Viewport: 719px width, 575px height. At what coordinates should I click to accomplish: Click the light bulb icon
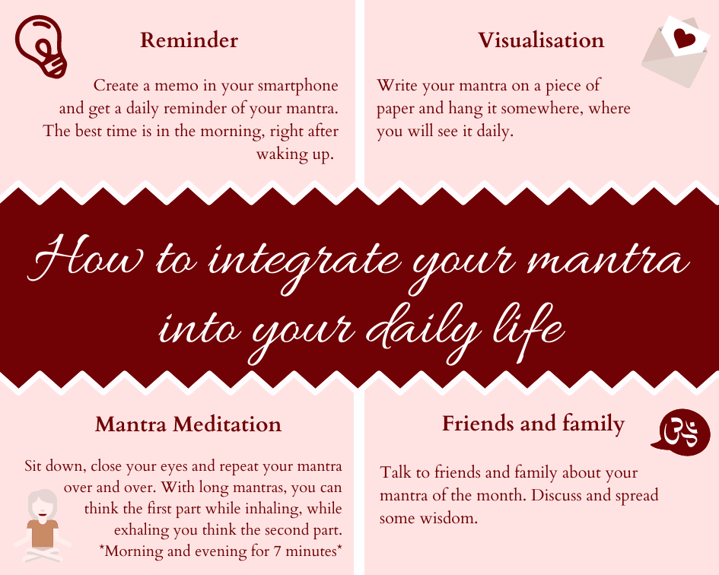pos(41,46)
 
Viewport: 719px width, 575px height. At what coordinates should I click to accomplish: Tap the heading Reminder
pos(189,40)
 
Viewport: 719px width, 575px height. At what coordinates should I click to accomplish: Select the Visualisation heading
pos(541,40)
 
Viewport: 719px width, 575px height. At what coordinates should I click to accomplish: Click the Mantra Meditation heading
pos(188,424)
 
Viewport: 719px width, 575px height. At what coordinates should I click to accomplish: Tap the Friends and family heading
pos(533,424)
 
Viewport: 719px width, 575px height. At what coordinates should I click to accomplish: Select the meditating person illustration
pos(42,526)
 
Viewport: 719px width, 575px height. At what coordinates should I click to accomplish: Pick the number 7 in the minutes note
pos(277,551)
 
